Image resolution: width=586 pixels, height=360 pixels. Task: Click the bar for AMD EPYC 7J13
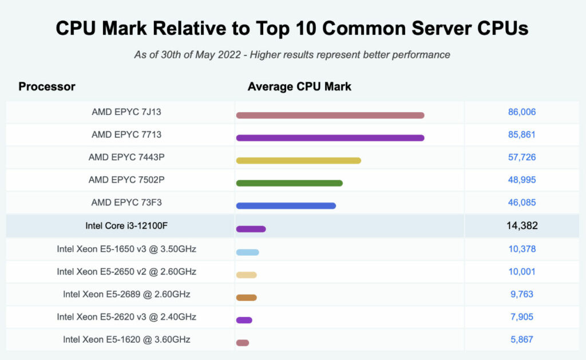330,115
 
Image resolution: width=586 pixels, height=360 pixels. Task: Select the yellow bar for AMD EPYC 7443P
298,160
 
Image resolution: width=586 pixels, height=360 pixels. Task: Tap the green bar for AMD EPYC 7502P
289,183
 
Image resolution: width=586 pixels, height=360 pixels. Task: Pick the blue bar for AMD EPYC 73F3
286,205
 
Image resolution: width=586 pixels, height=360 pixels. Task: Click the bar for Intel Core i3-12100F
251,229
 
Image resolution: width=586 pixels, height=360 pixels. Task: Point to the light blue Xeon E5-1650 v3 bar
247,252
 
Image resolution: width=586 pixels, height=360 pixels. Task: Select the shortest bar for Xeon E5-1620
243,343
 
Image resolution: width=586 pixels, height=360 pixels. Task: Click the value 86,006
521,112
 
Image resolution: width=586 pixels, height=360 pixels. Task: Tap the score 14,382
521,226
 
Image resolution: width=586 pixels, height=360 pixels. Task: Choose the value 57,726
521,157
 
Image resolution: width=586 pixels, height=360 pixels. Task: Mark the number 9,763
521,294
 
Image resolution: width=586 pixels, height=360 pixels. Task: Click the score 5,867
521,339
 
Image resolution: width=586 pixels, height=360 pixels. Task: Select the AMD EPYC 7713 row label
126,134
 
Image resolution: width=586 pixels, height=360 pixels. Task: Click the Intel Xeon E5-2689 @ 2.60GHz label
126,294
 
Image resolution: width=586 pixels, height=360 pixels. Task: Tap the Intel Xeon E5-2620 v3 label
126,317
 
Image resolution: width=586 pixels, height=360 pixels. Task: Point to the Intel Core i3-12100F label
126,226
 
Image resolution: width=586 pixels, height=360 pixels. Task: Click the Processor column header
47,87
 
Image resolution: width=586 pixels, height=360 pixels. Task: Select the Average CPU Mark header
299,87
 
